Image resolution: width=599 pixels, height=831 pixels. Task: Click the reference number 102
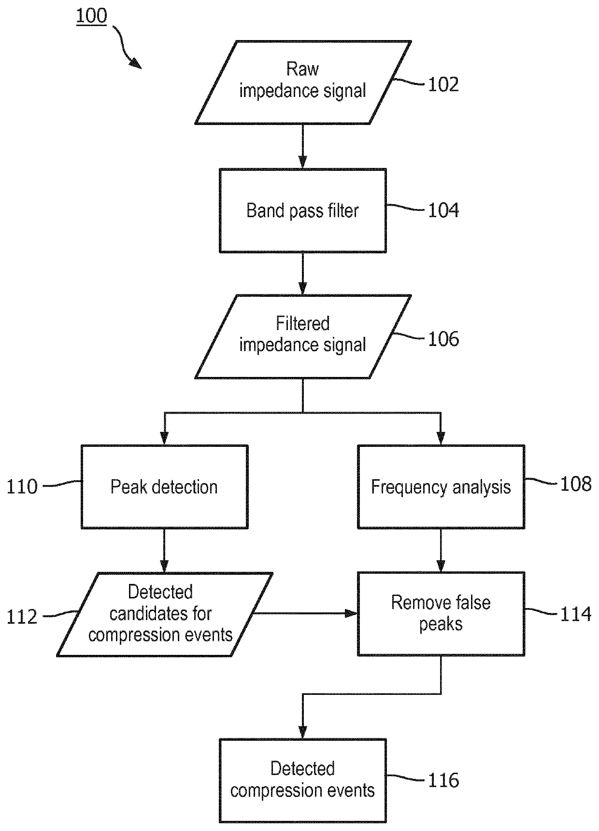[x=443, y=84]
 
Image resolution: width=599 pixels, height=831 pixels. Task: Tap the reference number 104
[x=443, y=210]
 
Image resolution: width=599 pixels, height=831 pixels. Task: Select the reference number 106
[x=443, y=339]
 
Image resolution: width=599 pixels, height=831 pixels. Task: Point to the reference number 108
[x=576, y=484]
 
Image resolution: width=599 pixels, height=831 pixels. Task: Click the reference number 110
[x=22, y=487]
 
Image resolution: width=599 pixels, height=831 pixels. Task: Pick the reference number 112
[x=22, y=617]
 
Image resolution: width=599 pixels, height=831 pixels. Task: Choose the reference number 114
[x=576, y=614]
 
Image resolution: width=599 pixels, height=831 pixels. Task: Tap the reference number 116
[x=443, y=780]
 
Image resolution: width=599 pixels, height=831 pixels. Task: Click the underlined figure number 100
[x=91, y=16]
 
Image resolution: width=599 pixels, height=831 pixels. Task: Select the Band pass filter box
[x=303, y=210]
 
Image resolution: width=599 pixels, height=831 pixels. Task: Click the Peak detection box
[x=164, y=487]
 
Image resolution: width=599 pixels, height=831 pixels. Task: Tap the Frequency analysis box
[x=441, y=487]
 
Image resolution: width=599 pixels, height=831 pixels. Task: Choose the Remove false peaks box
[x=441, y=614]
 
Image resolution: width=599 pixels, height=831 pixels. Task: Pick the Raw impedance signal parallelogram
[x=303, y=82]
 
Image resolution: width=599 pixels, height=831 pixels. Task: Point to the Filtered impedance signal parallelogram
[x=303, y=337]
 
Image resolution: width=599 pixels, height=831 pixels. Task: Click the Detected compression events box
[x=303, y=780]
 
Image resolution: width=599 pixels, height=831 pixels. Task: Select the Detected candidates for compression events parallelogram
[x=165, y=614]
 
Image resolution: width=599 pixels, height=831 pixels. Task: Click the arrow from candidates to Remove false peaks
[x=305, y=613]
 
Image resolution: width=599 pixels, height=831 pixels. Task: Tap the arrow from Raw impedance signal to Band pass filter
[x=303, y=146]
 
